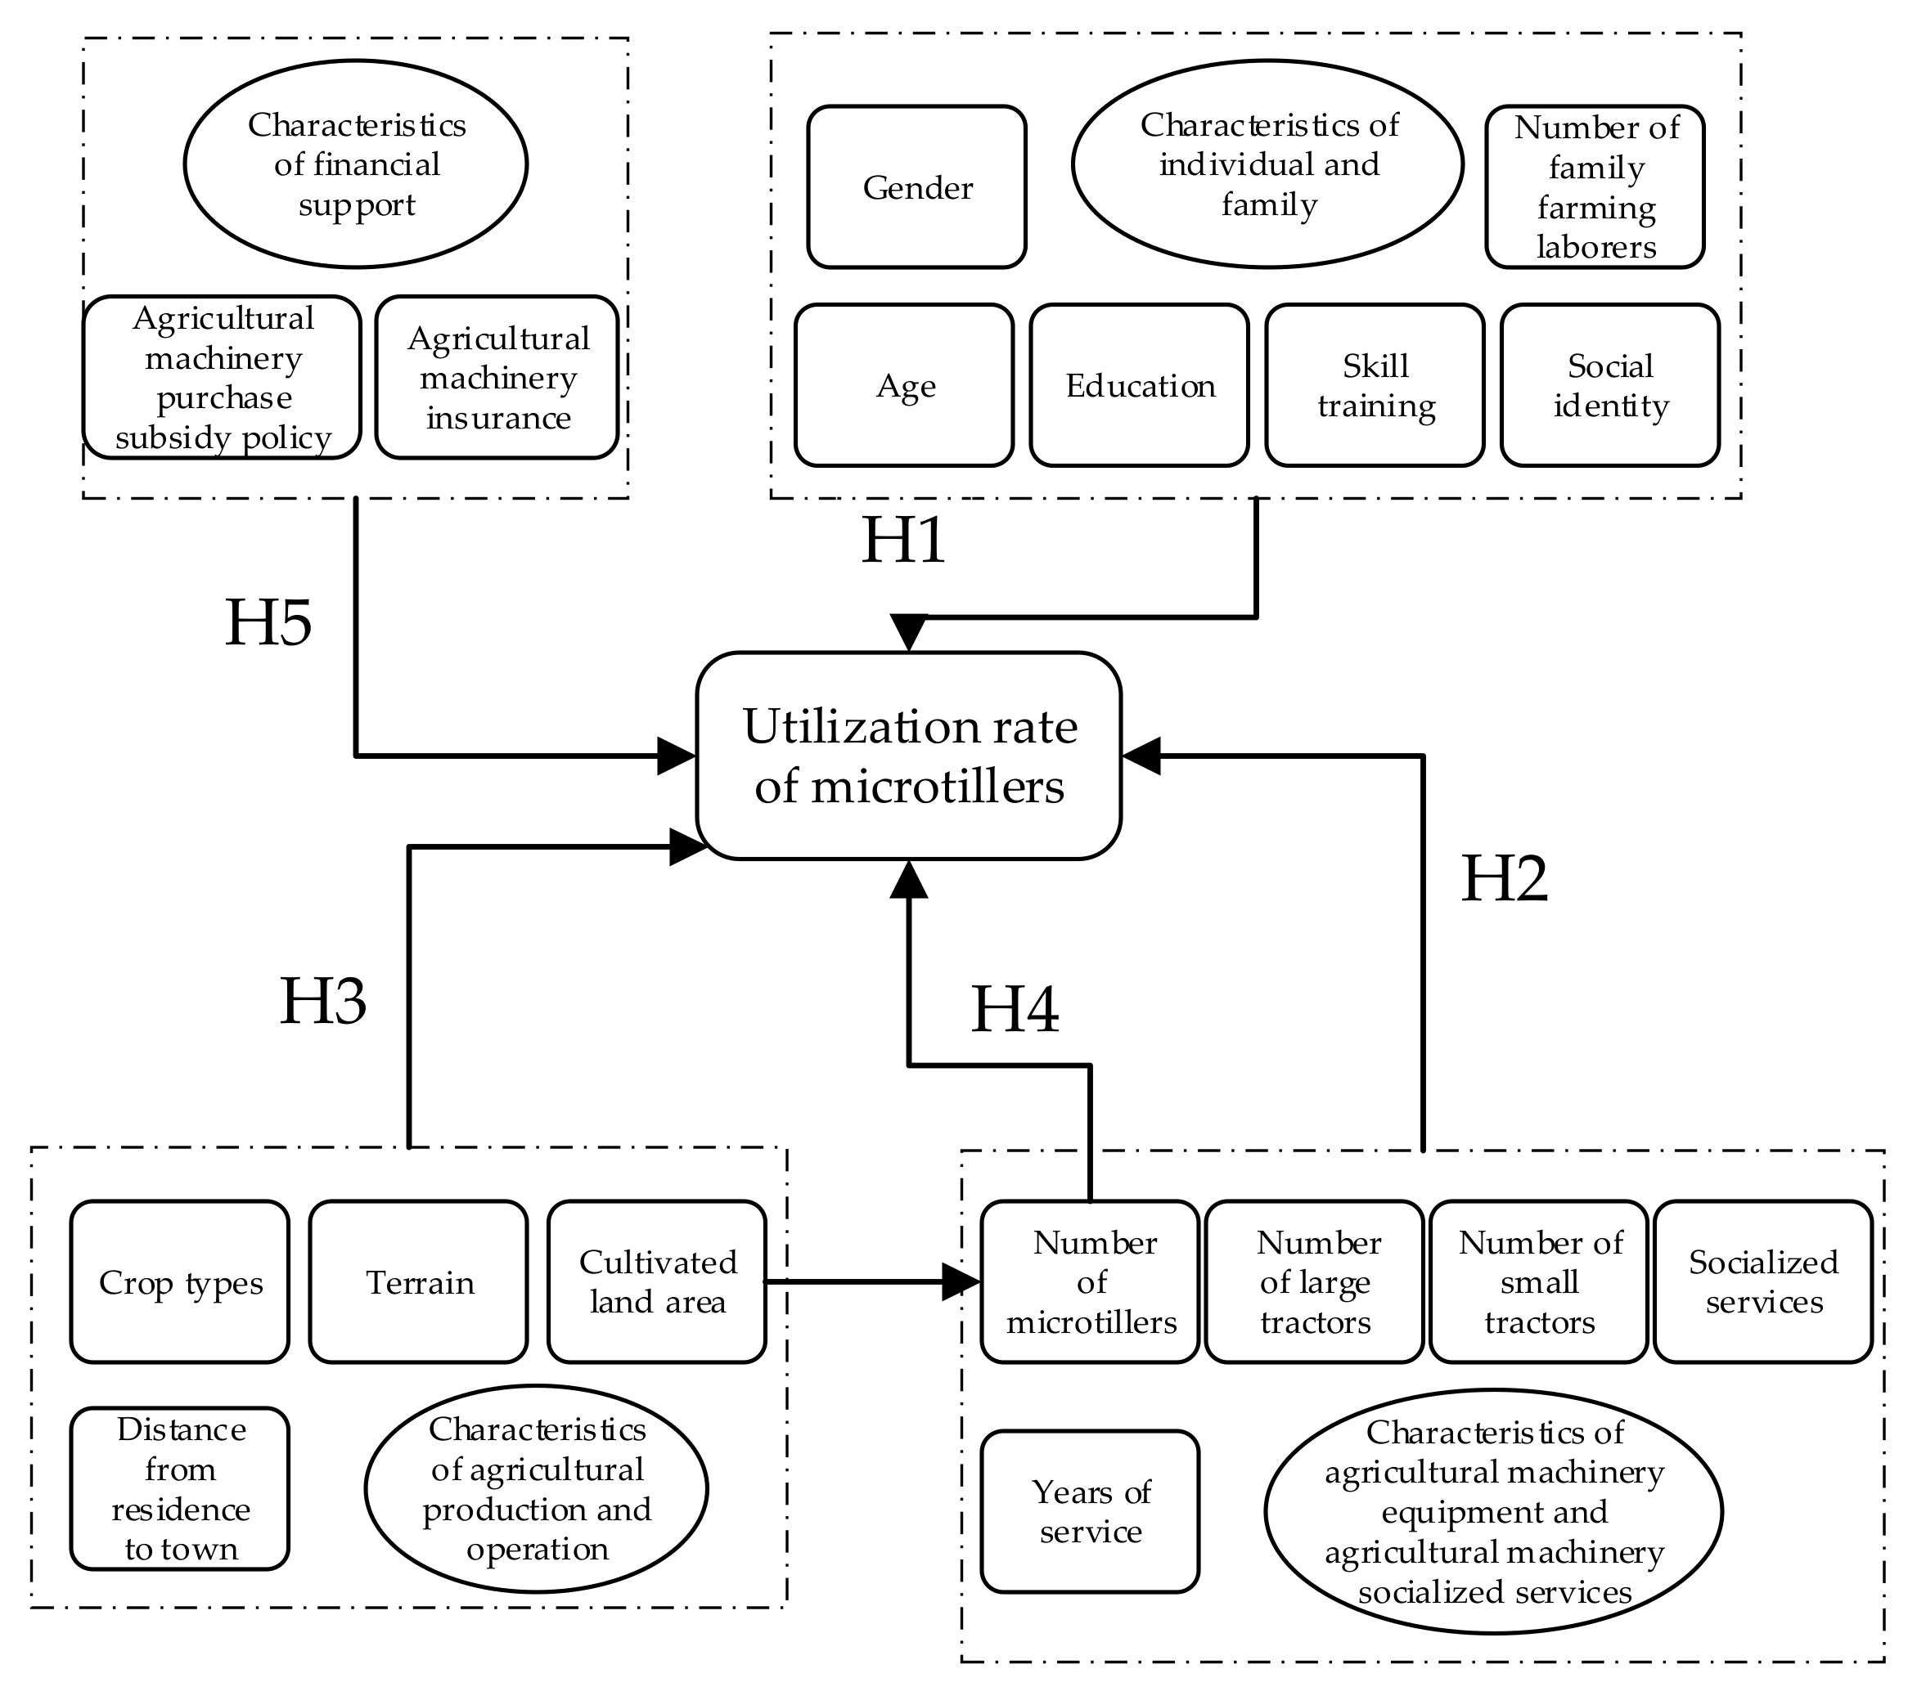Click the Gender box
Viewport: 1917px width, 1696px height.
click(916, 187)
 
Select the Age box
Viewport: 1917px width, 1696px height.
click(904, 385)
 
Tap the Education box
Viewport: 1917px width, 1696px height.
click(1139, 385)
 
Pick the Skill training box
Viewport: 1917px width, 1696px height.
click(1374, 385)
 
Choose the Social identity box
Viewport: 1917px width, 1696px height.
click(1609, 385)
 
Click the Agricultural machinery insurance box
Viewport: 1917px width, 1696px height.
click(497, 378)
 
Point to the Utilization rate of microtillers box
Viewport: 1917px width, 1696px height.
click(908, 756)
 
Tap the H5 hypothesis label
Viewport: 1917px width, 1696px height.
click(268, 622)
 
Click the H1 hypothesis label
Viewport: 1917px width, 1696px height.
click(903, 541)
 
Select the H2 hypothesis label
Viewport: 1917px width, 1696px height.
click(1505, 879)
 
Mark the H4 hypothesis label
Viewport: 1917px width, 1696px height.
click(1015, 1011)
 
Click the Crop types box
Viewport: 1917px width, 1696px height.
click(180, 1281)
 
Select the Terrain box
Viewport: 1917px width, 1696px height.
click(418, 1281)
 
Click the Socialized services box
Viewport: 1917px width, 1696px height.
click(1763, 1281)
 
